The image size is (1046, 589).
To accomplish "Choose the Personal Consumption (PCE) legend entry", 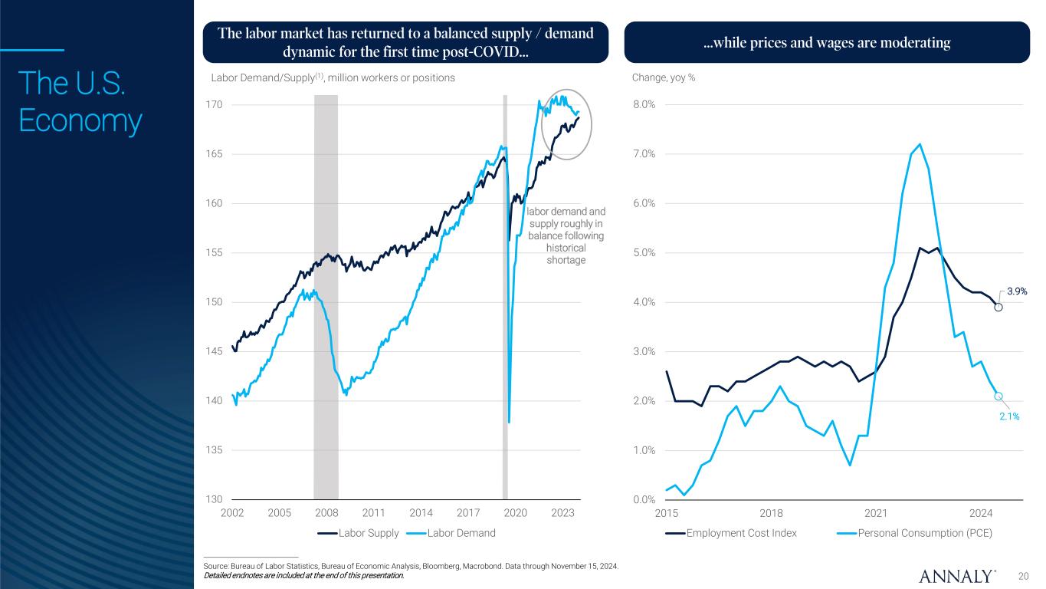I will point(924,533).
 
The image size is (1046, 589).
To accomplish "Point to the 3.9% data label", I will point(1016,291).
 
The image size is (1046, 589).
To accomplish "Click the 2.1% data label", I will point(1008,416).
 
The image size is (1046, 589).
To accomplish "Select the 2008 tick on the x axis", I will point(326,512).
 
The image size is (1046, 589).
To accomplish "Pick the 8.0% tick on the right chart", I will point(643,104).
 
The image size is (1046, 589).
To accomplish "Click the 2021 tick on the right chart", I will point(876,512).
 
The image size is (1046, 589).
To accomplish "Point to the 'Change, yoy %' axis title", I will point(664,78).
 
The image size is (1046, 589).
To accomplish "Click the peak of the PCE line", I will point(920,144).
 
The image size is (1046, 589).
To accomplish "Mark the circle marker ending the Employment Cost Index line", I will point(998,307).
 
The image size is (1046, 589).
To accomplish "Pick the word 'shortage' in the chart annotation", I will point(566,260).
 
